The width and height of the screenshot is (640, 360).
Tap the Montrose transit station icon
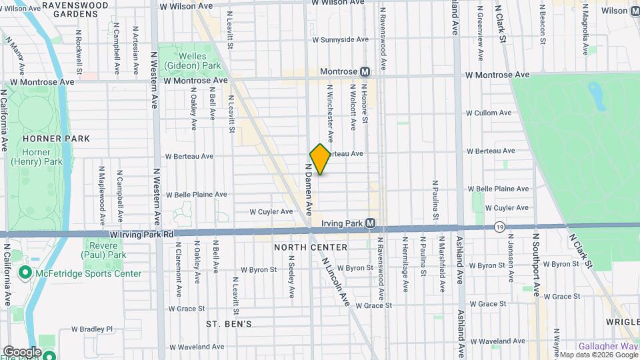[365, 71]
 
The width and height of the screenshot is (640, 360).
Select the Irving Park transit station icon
[370, 223]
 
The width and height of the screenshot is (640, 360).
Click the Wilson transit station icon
[633, 10]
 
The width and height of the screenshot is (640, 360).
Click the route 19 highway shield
[499, 227]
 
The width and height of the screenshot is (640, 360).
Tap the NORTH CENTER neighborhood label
[311, 247]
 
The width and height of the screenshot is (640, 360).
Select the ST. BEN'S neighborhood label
[229, 324]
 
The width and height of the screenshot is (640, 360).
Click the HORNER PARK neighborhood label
[47, 139]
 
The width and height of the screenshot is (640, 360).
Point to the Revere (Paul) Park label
[103, 250]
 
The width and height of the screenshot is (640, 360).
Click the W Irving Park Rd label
[142, 235]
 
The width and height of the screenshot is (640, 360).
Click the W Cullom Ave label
[489, 113]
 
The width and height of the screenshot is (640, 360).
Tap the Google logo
[21, 352]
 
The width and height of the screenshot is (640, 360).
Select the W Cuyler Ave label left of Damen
[271, 212]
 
